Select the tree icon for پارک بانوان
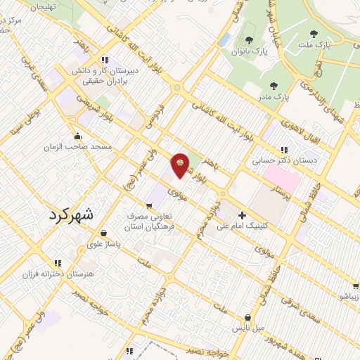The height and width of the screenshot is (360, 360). coord(249,39)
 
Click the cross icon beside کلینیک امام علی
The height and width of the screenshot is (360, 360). coord(243,214)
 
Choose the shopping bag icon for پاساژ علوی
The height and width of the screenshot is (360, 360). coord(104,233)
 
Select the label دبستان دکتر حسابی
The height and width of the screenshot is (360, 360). coord(285,161)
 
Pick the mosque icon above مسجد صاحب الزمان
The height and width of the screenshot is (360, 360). coord(77,136)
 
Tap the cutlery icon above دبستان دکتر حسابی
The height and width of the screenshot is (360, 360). coord(284,150)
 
